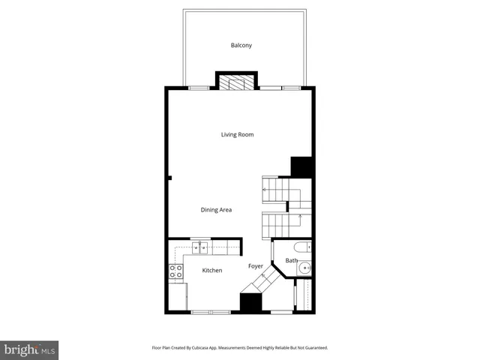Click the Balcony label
coord(241,46)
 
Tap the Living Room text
coord(237,135)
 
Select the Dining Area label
coord(216,210)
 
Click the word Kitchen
coord(212,270)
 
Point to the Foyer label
coord(256,265)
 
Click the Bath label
coord(291,261)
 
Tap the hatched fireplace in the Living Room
coord(237,82)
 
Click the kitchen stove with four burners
coord(176,271)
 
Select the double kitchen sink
coord(200,247)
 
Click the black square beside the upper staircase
coord(301,166)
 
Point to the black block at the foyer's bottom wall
coord(250,302)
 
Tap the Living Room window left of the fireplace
coord(199,88)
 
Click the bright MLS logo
coord(29,349)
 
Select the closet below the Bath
coord(304,295)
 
